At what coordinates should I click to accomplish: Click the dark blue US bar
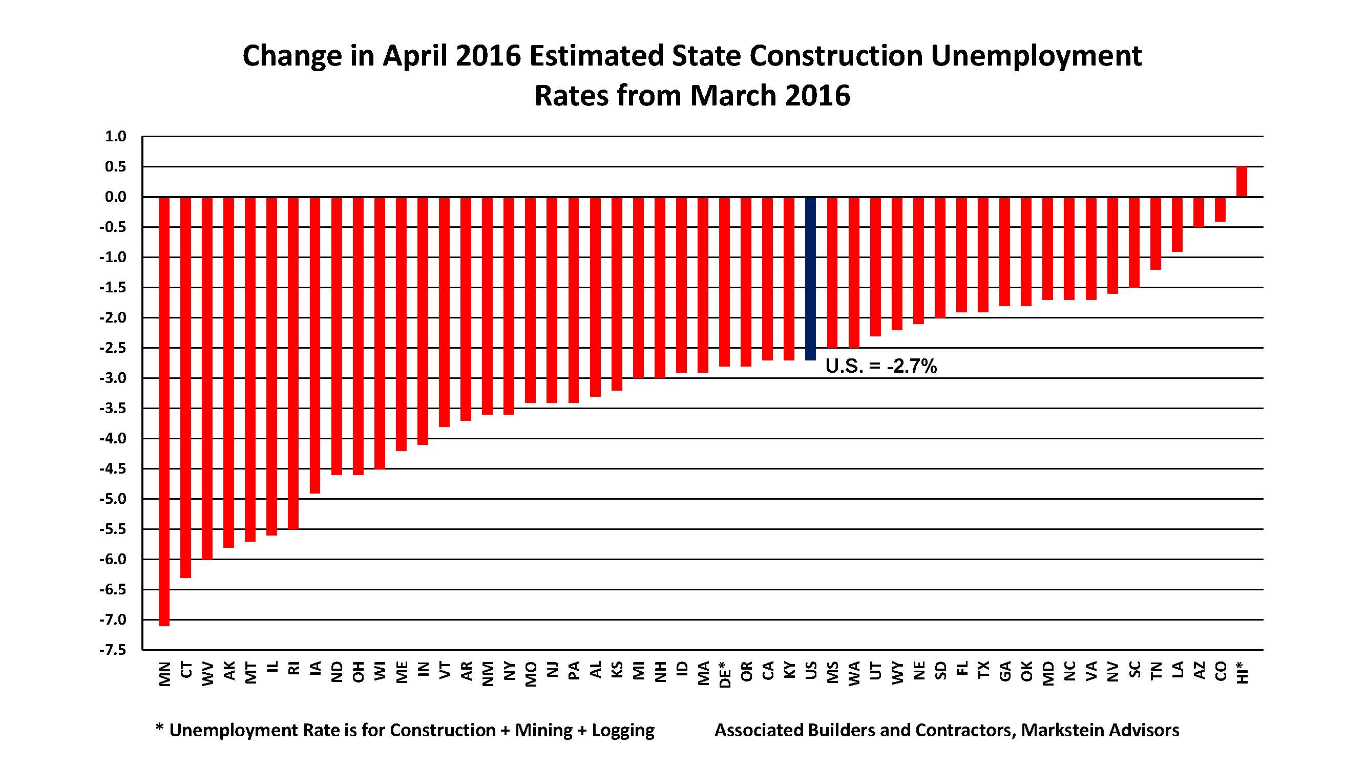[x=810, y=278]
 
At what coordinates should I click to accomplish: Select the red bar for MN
[x=164, y=411]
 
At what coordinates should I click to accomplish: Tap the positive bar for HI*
[x=1242, y=182]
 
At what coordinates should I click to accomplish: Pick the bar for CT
[x=185, y=387]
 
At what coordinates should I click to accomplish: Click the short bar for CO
[x=1220, y=209]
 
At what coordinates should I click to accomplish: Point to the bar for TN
[x=1155, y=233]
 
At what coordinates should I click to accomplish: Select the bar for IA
[x=315, y=345]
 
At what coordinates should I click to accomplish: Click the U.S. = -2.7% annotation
[x=881, y=366]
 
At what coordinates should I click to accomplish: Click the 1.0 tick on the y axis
[x=115, y=137]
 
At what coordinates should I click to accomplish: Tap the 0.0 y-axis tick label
[x=115, y=197]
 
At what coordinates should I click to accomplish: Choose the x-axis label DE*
[x=724, y=674]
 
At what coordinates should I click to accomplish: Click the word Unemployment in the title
[x=1036, y=56]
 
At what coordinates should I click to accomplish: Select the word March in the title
[x=733, y=96]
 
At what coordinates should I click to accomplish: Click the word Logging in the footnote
[x=623, y=731]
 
